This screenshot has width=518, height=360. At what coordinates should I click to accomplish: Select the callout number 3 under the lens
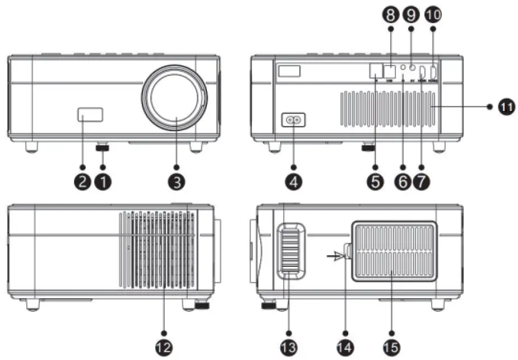pos(176,182)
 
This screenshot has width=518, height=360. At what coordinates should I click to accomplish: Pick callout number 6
pos(402,182)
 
